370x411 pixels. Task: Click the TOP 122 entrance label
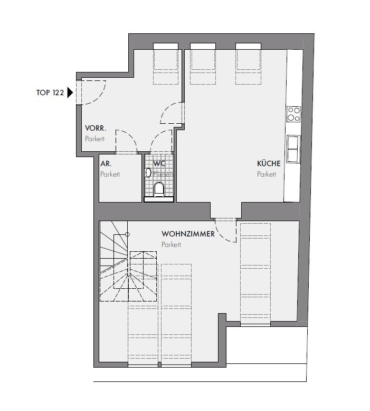(50, 93)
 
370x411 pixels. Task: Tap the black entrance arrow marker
(70, 93)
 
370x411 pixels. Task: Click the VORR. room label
(96, 129)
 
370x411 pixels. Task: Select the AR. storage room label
(106, 164)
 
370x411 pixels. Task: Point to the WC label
(159, 163)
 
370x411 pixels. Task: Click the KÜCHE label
(269, 163)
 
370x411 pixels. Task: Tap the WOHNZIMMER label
(188, 234)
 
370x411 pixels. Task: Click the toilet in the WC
(159, 189)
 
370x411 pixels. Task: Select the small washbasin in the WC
(148, 172)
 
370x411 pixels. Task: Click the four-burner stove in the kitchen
(293, 114)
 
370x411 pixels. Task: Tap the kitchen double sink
(293, 149)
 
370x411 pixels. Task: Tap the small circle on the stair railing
(127, 234)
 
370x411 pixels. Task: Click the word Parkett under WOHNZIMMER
(171, 244)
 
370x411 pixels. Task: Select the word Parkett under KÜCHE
(267, 175)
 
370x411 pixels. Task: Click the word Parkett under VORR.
(94, 139)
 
